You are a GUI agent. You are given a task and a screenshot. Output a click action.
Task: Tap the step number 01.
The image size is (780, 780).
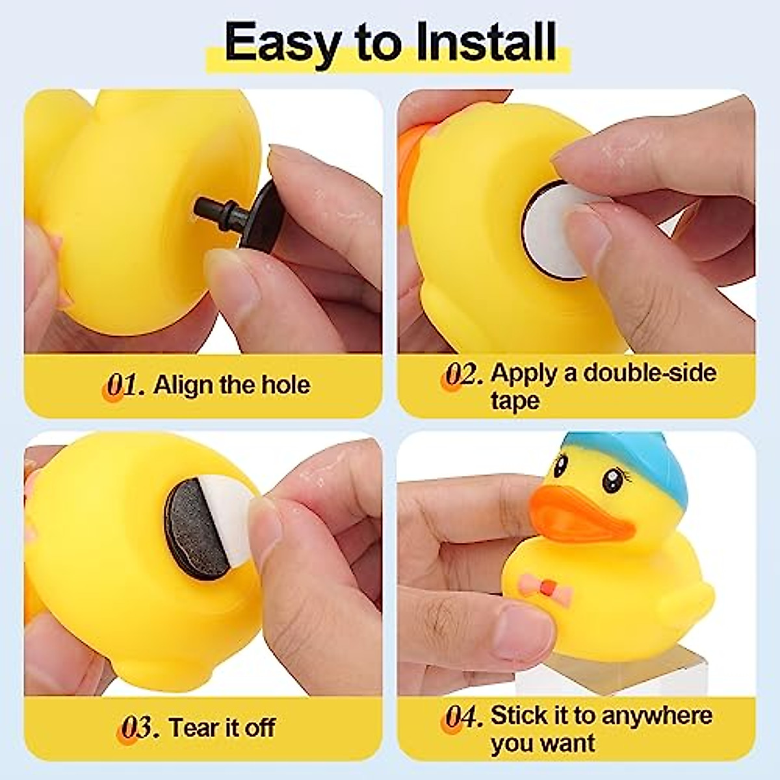pos(123,385)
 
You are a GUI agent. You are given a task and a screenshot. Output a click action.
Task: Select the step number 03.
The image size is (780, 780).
pos(140,727)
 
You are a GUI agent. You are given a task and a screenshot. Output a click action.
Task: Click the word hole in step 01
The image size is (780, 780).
pos(285,385)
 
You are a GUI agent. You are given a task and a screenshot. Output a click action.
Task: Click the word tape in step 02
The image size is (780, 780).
pos(515,400)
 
